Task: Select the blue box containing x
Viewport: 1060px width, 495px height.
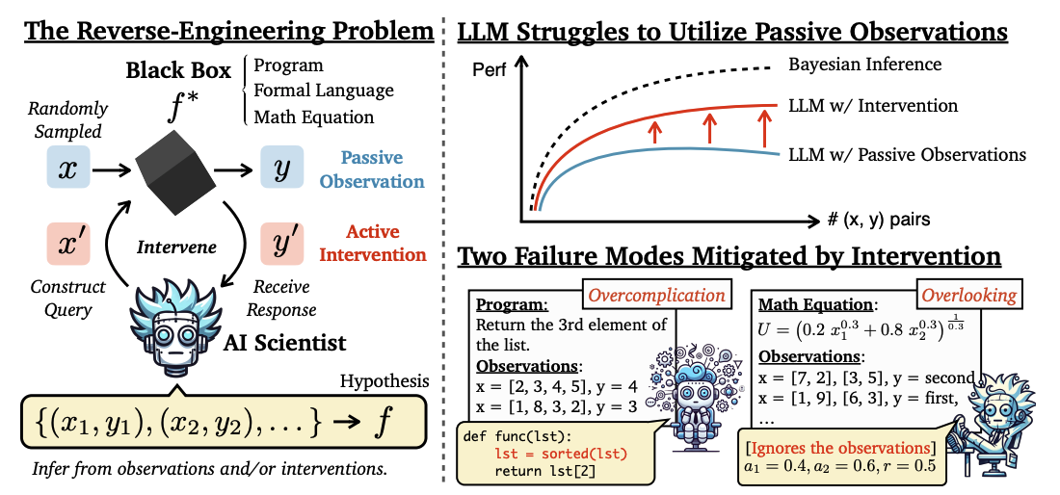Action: click(x=68, y=169)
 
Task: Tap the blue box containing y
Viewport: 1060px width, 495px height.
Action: click(x=281, y=169)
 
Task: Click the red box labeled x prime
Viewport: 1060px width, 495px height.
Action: click(x=68, y=245)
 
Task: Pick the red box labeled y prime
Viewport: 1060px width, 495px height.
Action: click(x=281, y=246)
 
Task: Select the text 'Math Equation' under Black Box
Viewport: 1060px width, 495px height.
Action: click(x=313, y=117)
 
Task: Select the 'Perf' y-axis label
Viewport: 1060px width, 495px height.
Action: click(x=490, y=70)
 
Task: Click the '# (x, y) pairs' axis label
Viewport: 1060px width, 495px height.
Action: click(x=878, y=220)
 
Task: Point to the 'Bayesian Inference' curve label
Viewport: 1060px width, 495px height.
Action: click(x=864, y=65)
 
